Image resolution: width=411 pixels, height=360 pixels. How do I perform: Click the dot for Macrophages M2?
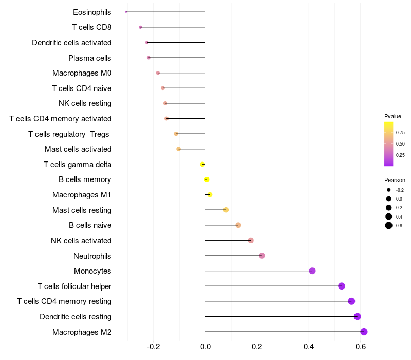364,332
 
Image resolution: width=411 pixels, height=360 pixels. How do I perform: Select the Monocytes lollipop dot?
312,271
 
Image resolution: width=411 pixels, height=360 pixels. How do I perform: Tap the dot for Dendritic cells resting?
357,317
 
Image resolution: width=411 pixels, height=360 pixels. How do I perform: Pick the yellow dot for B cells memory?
207,179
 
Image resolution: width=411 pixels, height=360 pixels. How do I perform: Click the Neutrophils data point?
261,256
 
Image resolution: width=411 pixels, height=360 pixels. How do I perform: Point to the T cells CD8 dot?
140,27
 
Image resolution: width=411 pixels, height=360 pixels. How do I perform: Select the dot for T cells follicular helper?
342,286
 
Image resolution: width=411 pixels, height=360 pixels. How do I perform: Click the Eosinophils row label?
92,12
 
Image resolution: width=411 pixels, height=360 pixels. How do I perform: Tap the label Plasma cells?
90,58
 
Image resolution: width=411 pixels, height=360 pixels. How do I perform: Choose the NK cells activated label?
81,241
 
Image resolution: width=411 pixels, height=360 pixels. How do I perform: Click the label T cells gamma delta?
78,165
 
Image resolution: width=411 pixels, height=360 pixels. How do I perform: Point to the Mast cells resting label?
82,210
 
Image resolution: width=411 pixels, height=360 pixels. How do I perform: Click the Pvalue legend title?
393,116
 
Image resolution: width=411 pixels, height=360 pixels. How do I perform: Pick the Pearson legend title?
395,180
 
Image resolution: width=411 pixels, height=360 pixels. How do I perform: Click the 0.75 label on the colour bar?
400,133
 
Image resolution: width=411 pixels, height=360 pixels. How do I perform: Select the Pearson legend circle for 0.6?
389,226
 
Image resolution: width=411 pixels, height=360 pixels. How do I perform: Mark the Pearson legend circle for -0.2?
389,190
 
